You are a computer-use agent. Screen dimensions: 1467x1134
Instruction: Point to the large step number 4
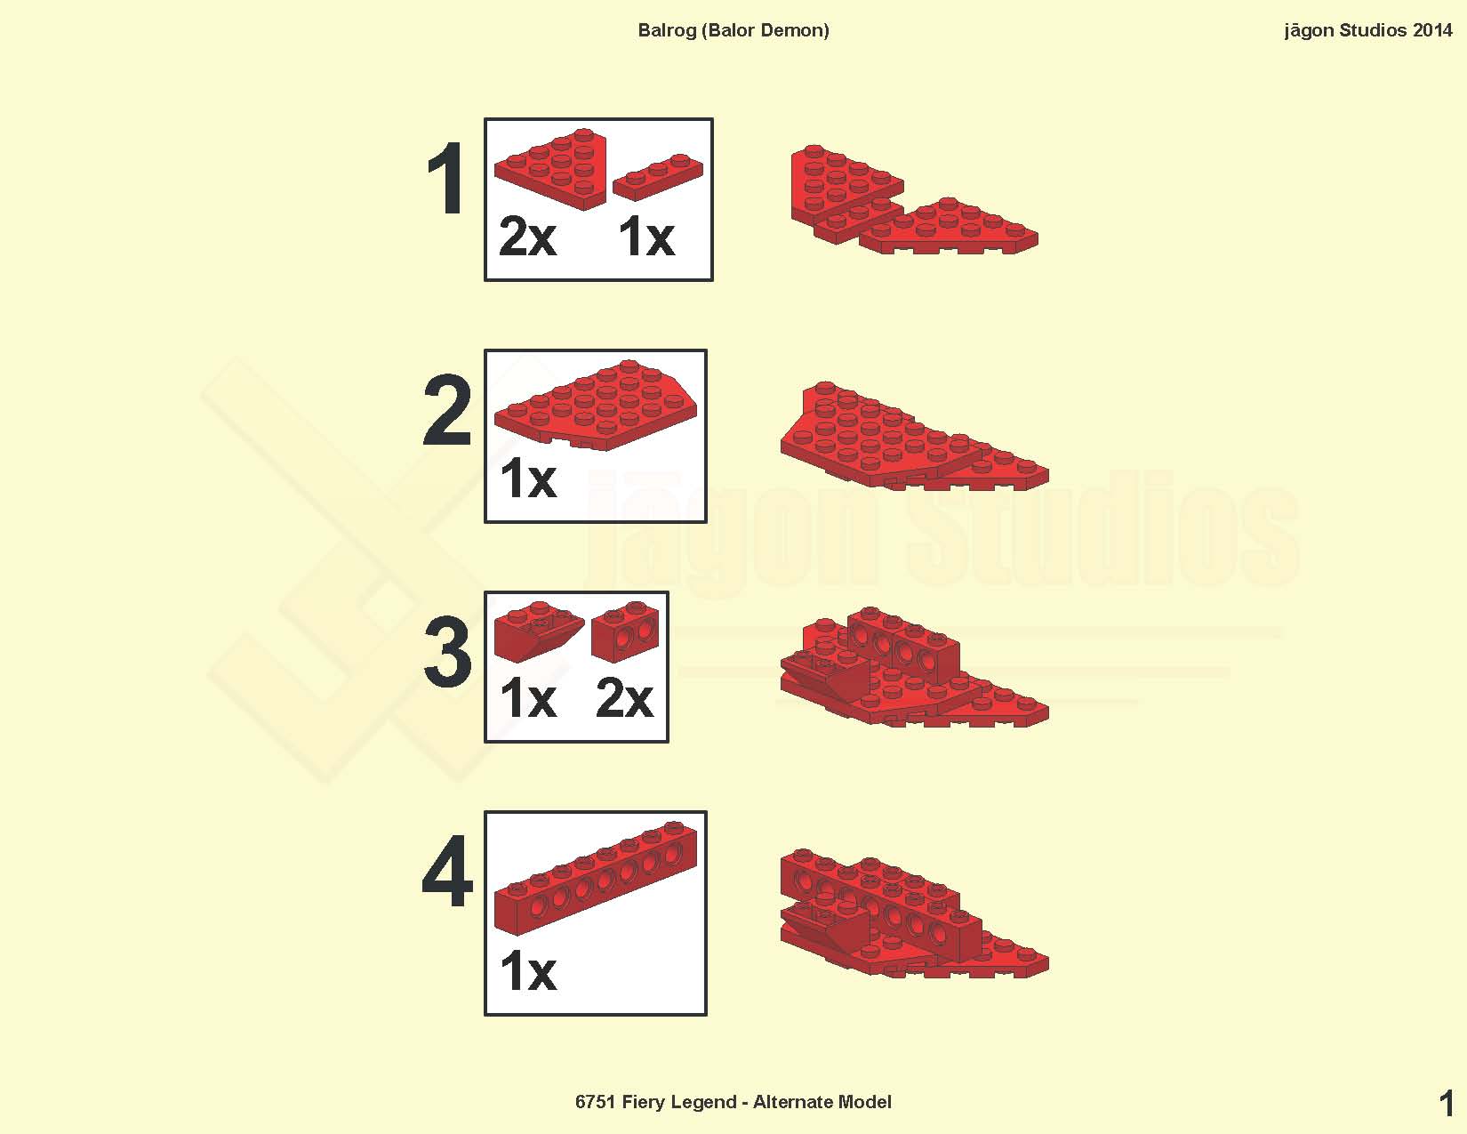click(x=447, y=871)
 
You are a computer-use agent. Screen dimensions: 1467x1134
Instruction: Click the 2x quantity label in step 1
click(x=528, y=237)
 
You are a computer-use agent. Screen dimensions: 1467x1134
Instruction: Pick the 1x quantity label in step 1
click(x=646, y=237)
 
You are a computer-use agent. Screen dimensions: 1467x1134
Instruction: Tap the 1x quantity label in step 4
click(x=529, y=970)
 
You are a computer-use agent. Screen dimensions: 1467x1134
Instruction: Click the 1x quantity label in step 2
click(x=529, y=479)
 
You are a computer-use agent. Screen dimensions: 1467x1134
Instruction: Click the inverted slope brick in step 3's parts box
click(x=539, y=631)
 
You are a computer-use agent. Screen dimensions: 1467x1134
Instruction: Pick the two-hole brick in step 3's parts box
click(x=624, y=630)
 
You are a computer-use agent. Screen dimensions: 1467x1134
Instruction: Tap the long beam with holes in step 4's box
click(x=596, y=878)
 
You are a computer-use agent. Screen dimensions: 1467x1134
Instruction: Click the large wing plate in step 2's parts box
click(x=596, y=405)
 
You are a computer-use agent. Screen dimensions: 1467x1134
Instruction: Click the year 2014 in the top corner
click(x=1432, y=30)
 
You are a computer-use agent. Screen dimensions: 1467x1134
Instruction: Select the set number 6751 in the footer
click(x=595, y=1102)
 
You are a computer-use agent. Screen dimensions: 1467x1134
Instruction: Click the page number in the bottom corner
click(x=1446, y=1104)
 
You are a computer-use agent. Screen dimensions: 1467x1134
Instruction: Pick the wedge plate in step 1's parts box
click(x=551, y=169)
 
